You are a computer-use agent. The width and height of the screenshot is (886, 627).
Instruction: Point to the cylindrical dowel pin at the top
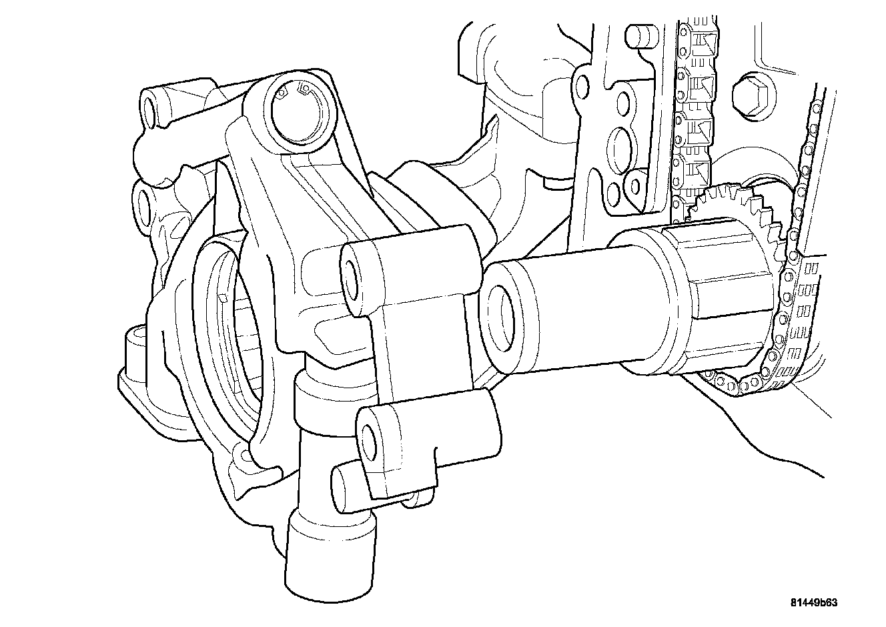641,35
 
